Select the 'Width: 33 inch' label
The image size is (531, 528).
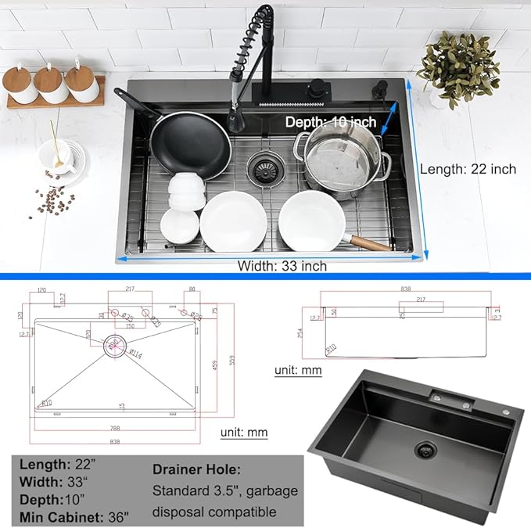[x=282, y=266]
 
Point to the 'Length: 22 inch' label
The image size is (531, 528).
[x=468, y=169]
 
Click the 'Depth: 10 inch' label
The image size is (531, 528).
[x=330, y=122]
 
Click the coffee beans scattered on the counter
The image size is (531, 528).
[x=51, y=201]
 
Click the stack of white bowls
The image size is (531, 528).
[x=186, y=191]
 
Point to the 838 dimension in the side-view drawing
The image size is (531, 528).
[x=406, y=289]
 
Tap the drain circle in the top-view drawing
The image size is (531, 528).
[x=113, y=343]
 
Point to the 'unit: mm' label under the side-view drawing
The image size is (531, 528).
[x=298, y=370]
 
